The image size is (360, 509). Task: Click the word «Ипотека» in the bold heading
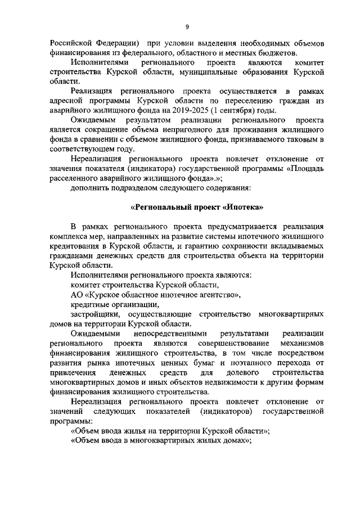244,206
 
